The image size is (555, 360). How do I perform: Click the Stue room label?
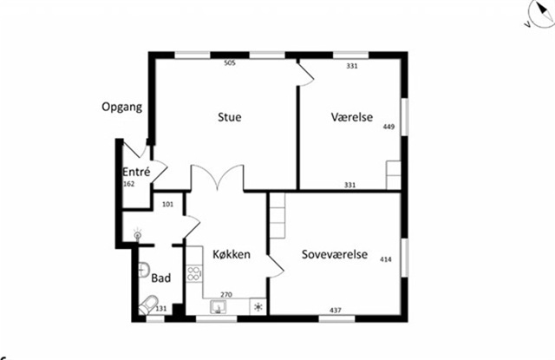tap(229, 117)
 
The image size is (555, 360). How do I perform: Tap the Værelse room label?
tap(352, 117)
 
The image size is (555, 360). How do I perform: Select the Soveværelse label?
tap(335, 254)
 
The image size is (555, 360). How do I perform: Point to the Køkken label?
tap(232, 254)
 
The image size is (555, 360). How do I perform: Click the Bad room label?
tap(161, 278)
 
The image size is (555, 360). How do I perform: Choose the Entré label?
tap(136, 172)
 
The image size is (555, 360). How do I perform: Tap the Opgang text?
tap(122, 107)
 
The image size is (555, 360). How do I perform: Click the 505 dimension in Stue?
tap(230, 63)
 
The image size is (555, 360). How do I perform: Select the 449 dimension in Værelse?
tap(388, 127)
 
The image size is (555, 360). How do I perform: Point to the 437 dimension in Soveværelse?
tap(336, 310)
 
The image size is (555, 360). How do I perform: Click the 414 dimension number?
tap(385, 259)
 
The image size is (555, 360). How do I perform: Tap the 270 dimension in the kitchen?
tap(226, 295)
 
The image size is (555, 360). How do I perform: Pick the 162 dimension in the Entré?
tap(129, 184)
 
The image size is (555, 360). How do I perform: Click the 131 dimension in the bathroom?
tap(161, 309)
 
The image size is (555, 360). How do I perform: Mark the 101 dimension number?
tap(167, 204)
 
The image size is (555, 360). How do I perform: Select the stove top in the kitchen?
tap(194, 273)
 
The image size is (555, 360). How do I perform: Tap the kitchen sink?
tap(218, 306)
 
